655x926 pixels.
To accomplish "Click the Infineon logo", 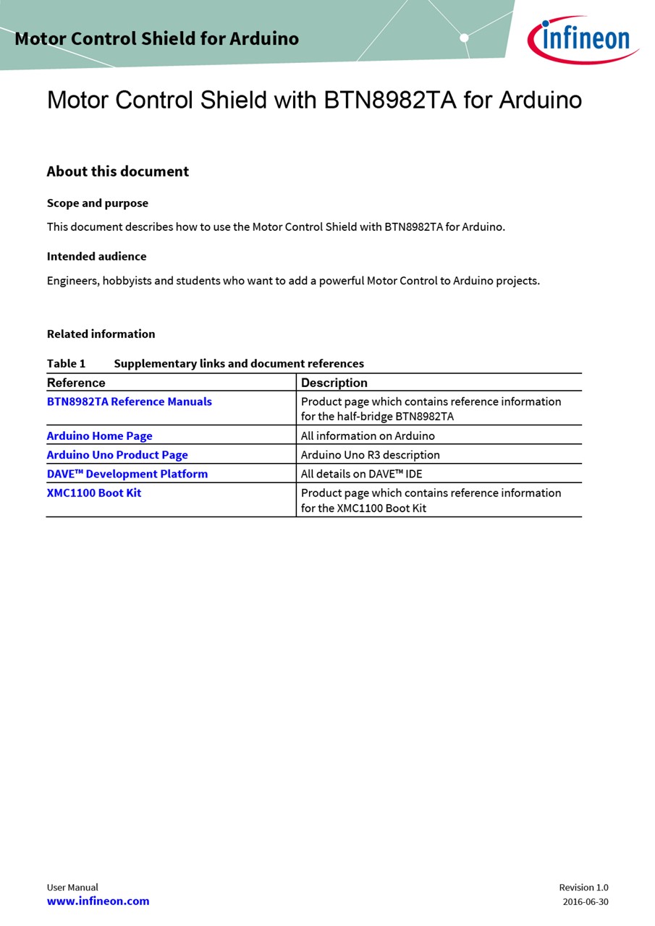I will tap(583, 39).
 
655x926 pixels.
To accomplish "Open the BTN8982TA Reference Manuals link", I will tap(130, 402).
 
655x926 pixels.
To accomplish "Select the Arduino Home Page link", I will tap(100, 436).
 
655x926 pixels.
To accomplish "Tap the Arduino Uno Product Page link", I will tap(117, 455).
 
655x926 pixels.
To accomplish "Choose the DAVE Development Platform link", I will tap(127, 474).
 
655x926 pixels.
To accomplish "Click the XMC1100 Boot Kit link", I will tap(94, 493).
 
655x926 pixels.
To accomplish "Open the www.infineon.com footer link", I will tap(98, 901).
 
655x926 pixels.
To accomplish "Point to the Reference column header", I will tap(76, 383).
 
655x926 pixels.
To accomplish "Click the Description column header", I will tap(334, 383).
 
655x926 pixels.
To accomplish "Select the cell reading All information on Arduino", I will tap(368, 436).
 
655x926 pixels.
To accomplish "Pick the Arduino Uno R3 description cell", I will tap(370, 455).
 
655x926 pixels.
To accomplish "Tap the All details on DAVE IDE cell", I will tap(361, 474).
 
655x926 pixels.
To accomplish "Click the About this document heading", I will tap(118, 171).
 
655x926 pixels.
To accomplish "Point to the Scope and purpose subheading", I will tap(98, 203).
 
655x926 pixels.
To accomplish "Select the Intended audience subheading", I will tap(96, 256).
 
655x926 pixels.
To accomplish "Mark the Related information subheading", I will tap(101, 334).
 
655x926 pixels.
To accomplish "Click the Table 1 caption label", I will tap(66, 363).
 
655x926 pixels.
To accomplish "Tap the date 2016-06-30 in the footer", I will tap(586, 901).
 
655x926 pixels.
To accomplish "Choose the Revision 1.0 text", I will tap(583, 887).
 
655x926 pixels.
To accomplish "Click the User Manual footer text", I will tap(72, 887).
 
